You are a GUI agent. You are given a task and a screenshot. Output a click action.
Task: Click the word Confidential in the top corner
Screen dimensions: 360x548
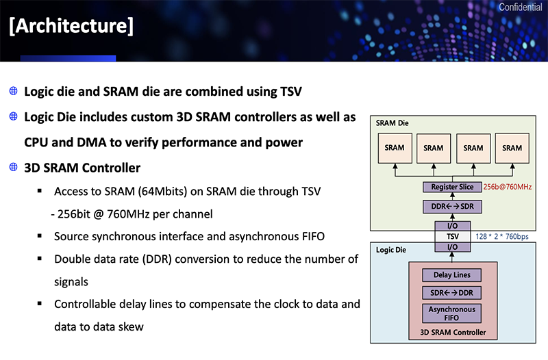[521, 8]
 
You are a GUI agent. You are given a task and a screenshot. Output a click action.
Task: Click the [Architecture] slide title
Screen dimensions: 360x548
[71, 27]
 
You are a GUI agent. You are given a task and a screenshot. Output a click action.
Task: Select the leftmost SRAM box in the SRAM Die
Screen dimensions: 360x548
[395, 148]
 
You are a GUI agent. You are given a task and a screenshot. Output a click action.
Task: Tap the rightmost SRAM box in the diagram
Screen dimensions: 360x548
[512, 148]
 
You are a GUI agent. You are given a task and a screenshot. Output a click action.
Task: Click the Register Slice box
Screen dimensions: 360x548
[453, 187]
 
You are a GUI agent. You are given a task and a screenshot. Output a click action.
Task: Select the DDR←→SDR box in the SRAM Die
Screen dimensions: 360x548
[453, 206]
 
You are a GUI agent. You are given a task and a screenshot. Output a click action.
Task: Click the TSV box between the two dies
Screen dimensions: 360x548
[453, 237]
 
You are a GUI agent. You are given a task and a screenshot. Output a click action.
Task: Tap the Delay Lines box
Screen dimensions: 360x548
[453, 276]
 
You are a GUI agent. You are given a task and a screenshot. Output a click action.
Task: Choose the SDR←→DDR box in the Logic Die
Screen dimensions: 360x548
[453, 294]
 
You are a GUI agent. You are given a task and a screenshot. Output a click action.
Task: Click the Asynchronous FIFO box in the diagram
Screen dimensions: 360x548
[453, 313]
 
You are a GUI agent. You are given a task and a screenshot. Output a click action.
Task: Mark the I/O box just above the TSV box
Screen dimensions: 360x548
[453, 226]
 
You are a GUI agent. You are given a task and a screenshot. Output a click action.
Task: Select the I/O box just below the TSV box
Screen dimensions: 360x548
[453, 247]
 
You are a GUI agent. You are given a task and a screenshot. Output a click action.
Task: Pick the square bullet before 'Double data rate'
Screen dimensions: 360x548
[40, 259]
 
